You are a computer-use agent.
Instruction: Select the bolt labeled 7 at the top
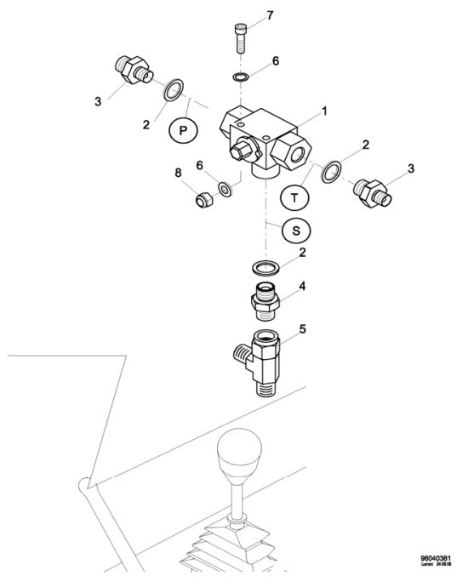tap(241, 38)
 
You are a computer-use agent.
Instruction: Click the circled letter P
tap(182, 129)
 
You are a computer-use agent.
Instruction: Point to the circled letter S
tap(295, 230)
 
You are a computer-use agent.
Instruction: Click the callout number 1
tap(324, 110)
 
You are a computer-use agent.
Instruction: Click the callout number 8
tap(179, 173)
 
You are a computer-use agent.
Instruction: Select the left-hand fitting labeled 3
tap(132, 70)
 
